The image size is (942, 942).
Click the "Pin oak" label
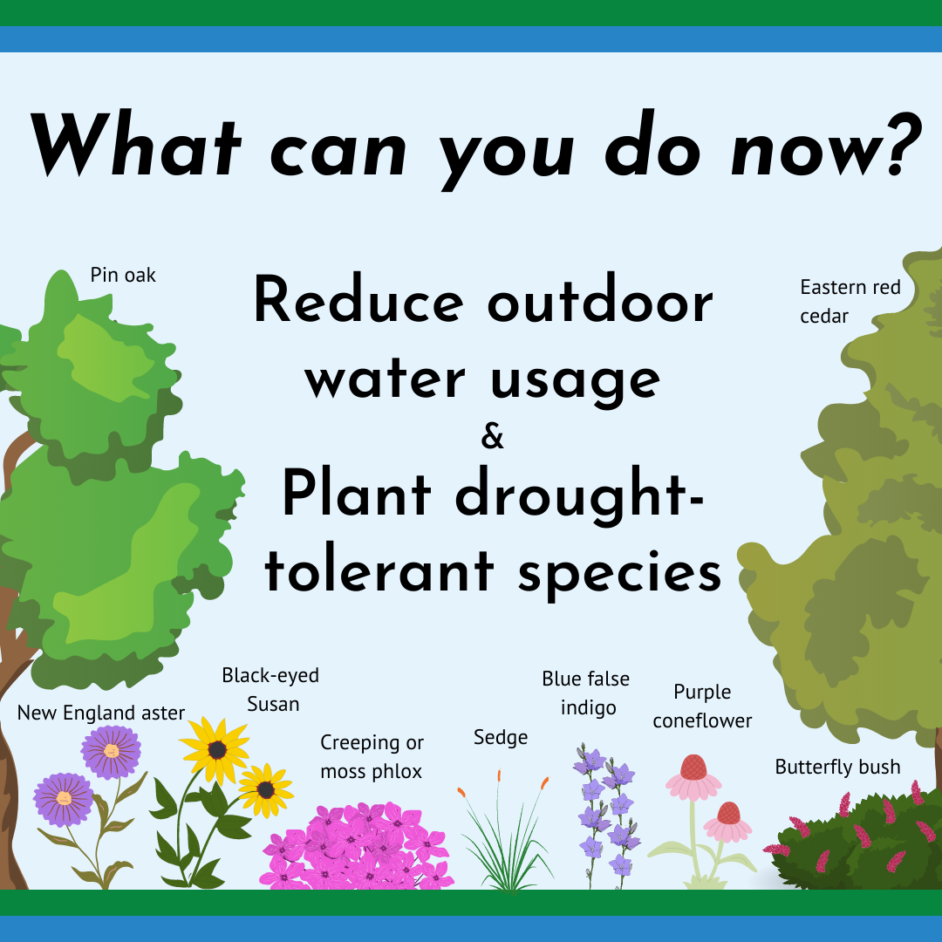point(123,275)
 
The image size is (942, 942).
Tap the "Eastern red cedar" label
point(850,302)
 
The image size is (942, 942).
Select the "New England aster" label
point(101,713)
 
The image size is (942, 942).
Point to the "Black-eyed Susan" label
point(270,690)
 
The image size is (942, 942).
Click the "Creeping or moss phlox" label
point(372,757)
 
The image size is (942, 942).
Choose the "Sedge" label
point(501,738)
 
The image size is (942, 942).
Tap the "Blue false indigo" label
point(586,693)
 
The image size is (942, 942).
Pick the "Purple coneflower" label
point(702,706)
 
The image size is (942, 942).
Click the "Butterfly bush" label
point(837,768)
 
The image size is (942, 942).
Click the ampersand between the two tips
point(492,437)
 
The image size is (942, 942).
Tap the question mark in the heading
point(904,144)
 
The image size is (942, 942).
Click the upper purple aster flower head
point(111,752)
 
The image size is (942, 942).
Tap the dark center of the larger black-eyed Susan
point(217,750)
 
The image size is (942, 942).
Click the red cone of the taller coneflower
point(694,768)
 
